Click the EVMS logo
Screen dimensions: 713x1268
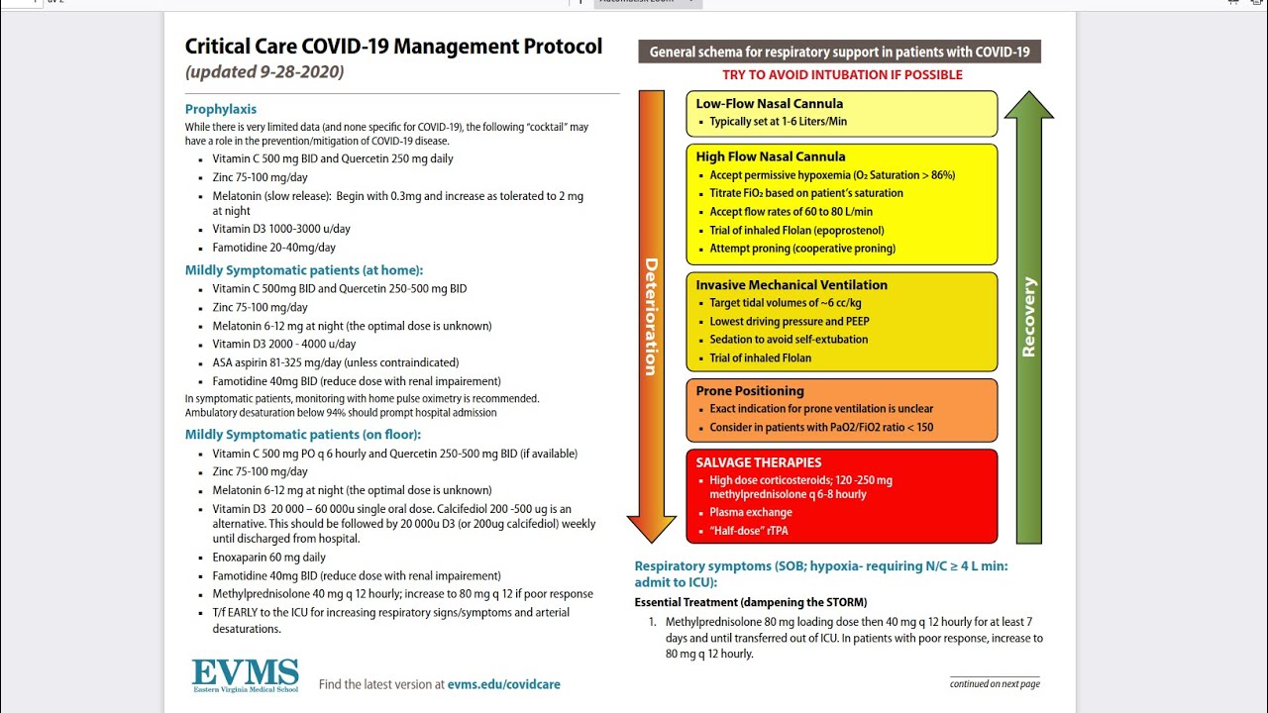click(245, 674)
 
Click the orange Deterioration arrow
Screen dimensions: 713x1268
click(651, 317)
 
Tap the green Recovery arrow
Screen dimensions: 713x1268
click(1029, 317)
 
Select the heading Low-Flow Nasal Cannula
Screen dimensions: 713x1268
click(770, 103)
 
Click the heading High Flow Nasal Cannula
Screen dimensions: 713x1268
click(771, 156)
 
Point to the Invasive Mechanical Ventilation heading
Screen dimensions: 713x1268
click(792, 285)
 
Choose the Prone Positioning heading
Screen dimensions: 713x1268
click(750, 391)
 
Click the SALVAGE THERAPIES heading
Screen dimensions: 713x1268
click(759, 462)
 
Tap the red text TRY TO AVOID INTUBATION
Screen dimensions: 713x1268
click(842, 75)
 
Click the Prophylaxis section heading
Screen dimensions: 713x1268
click(221, 109)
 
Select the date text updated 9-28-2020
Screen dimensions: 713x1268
click(264, 72)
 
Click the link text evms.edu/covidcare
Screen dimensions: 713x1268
click(503, 684)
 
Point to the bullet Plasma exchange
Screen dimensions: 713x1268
click(751, 512)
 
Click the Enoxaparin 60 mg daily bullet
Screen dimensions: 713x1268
click(268, 558)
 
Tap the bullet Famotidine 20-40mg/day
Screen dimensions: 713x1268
click(273, 248)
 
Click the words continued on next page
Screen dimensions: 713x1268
click(995, 683)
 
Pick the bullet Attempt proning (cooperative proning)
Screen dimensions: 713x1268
click(802, 249)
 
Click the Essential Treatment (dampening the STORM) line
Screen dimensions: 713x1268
click(750, 602)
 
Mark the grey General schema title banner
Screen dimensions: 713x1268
click(839, 52)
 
